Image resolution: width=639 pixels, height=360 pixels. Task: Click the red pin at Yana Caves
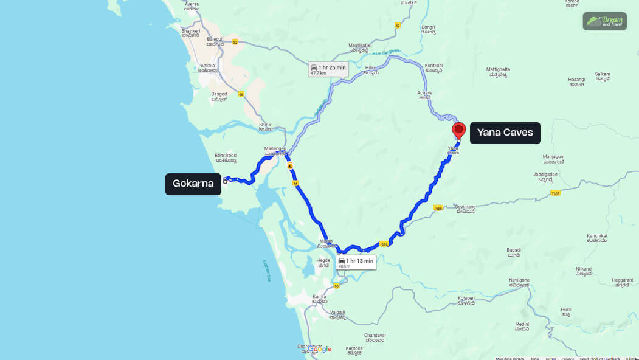pyautogui.click(x=459, y=130)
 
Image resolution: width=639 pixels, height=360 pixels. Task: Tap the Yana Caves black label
pyautogui.click(x=505, y=133)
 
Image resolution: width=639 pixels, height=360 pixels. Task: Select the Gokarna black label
pyautogui.click(x=193, y=184)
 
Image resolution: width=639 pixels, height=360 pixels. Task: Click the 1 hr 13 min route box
pyautogui.click(x=356, y=263)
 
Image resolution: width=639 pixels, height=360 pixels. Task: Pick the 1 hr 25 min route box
pyautogui.click(x=328, y=69)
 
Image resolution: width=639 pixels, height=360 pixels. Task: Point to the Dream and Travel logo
pyautogui.click(x=604, y=21)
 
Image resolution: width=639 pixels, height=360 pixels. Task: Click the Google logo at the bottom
pyautogui.click(x=319, y=348)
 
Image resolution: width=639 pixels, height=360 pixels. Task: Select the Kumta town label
pyautogui.click(x=319, y=298)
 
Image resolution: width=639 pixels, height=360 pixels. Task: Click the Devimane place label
pyautogui.click(x=465, y=209)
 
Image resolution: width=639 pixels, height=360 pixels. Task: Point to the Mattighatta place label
pyautogui.click(x=497, y=72)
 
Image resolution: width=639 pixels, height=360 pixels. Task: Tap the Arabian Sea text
pyautogui.click(x=266, y=271)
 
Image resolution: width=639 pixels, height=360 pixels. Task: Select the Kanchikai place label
pyautogui.click(x=596, y=238)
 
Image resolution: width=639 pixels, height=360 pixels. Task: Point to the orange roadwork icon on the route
pyautogui.click(x=291, y=166)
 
